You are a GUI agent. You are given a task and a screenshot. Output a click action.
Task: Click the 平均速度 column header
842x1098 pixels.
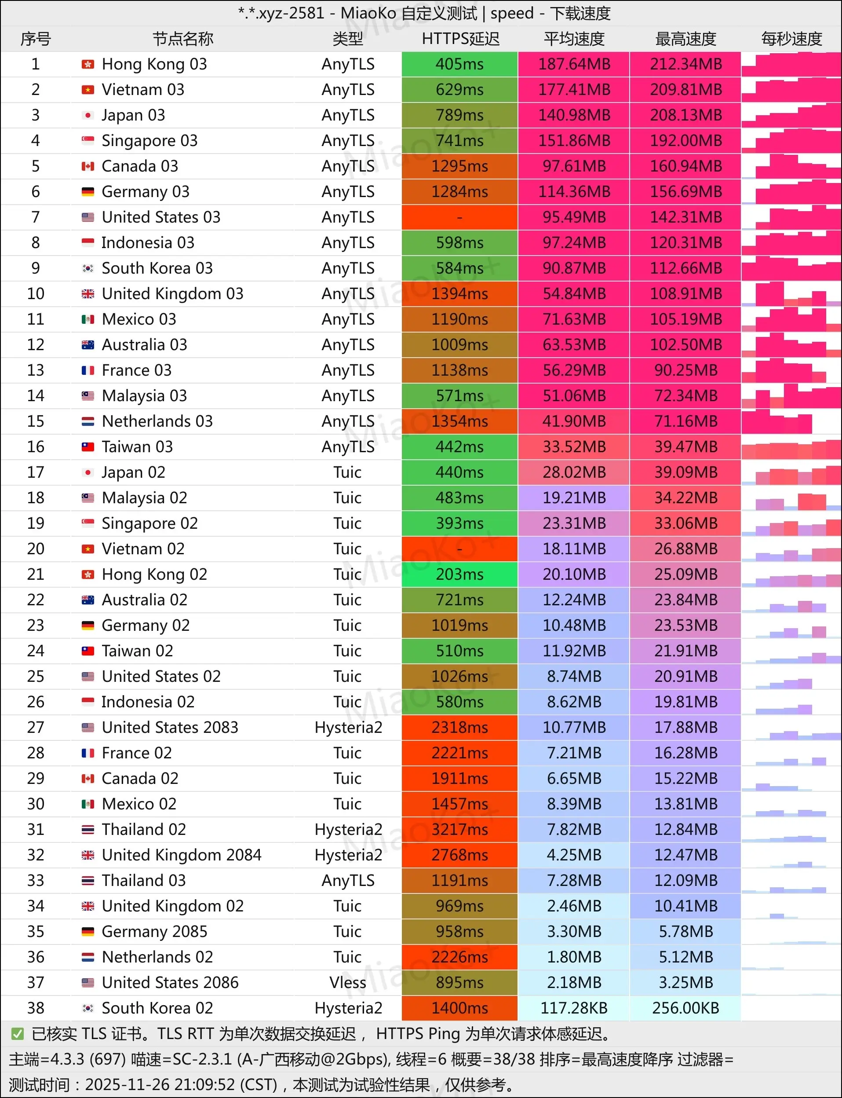[x=574, y=39]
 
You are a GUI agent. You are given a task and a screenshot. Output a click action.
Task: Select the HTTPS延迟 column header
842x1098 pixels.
[x=460, y=39]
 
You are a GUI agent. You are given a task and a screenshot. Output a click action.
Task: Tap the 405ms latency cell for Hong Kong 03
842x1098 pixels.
[x=459, y=64]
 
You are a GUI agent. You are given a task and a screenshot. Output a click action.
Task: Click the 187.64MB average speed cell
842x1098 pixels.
[x=574, y=64]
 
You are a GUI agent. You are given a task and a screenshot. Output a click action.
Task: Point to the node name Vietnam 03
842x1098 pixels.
[x=143, y=90]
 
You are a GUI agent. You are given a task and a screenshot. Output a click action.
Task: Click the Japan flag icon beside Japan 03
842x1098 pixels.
[x=87, y=115]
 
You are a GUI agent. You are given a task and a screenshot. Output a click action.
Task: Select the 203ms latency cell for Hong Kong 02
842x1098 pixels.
[x=459, y=574]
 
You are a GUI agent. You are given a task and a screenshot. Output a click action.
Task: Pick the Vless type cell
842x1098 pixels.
[x=348, y=982]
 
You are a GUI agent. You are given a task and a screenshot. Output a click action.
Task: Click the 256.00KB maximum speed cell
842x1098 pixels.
[x=685, y=1008]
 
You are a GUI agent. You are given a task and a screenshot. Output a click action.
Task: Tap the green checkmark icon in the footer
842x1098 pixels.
[x=18, y=1034]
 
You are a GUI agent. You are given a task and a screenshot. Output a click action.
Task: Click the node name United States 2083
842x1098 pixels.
[x=170, y=727]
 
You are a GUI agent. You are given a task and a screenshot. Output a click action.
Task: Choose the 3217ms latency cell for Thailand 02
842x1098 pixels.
[x=459, y=829]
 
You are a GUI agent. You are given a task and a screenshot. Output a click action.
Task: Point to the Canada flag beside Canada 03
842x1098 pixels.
[x=87, y=166]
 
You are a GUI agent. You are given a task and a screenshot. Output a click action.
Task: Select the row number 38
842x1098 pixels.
[x=36, y=1008]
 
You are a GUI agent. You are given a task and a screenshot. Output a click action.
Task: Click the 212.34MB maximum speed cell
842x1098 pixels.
[x=685, y=64]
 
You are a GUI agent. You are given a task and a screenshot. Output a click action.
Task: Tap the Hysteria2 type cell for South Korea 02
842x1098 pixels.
[x=348, y=1008]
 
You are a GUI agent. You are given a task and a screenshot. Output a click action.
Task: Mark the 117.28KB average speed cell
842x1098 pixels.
[x=574, y=1008]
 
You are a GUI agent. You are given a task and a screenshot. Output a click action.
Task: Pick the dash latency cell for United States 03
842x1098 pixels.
[x=459, y=217]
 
